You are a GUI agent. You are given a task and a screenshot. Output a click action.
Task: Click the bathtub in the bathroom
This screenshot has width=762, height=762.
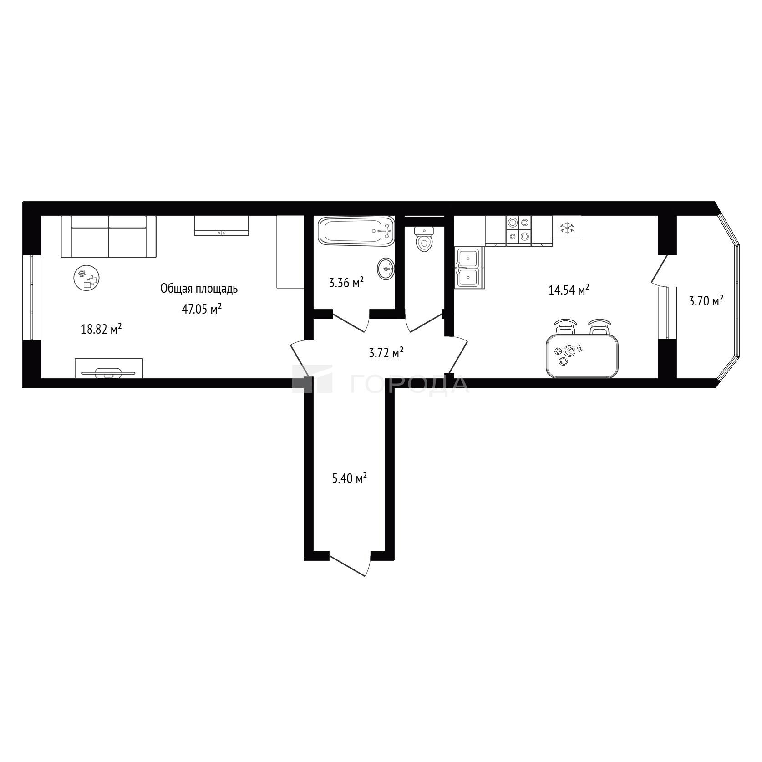point(356,231)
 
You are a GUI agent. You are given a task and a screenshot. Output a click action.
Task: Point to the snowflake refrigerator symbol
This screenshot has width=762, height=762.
point(567,228)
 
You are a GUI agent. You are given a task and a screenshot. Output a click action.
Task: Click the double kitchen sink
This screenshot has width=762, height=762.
point(469,268)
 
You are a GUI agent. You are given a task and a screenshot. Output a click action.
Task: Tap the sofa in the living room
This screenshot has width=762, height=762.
point(109,237)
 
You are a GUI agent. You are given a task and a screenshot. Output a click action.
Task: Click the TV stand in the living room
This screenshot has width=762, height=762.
point(109,368)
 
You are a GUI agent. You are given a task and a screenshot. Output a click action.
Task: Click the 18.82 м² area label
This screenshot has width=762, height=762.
point(102,329)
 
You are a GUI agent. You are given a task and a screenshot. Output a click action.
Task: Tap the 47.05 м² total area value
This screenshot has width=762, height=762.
point(202,309)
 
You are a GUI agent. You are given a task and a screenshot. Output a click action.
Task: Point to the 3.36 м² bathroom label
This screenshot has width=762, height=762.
point(346,283)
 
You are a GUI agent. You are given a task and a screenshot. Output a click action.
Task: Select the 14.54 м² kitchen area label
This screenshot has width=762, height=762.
point(569,290)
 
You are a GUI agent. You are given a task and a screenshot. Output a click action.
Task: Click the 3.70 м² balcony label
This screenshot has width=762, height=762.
point(706,301)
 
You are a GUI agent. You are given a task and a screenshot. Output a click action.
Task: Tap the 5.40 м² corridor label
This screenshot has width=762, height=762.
point(350,478)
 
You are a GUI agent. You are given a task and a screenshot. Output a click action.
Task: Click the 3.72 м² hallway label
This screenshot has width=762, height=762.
point(386,352)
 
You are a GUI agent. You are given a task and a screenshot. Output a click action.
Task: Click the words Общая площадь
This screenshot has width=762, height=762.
point(199,289)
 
